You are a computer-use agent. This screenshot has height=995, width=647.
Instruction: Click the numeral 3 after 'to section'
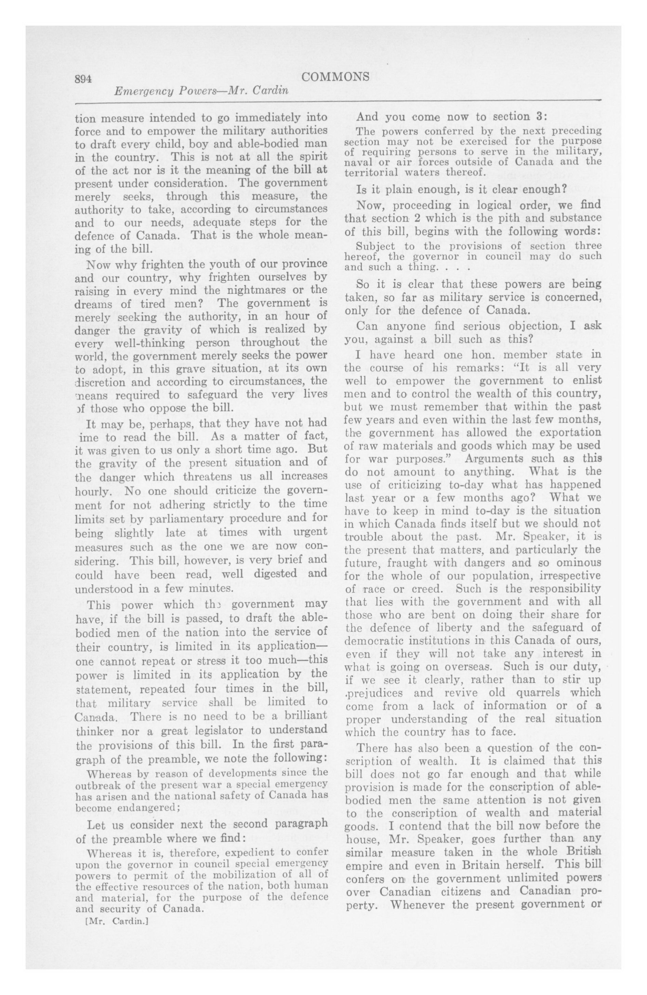click(538, 117)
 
